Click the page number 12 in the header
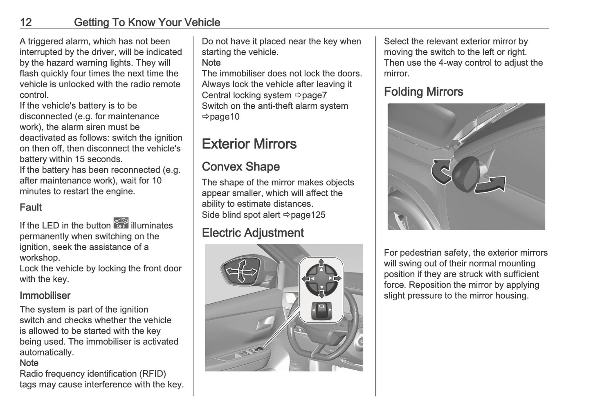point(26,22)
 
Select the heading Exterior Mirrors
point(249,144)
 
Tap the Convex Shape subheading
point(240,167)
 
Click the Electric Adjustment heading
point(252,233)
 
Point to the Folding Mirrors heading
point(423,92)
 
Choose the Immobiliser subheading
point(45,295)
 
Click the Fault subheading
point(31,208)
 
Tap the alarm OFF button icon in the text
point(121,223)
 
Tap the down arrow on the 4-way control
point(321,294)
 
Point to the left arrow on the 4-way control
point(306,278)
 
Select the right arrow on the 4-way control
point(337,278)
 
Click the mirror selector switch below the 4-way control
point(321,311)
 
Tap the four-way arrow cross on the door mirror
point(242,271)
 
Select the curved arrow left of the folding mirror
point(441,172)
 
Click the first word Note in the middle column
point(211,63)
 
